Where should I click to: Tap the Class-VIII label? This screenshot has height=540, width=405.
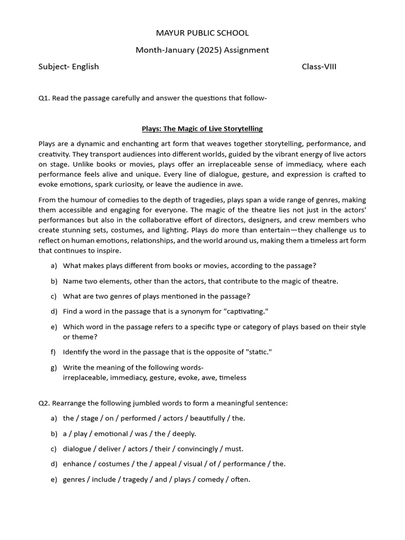point(319,66)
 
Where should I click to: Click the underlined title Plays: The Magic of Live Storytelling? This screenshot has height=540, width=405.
point(202,129)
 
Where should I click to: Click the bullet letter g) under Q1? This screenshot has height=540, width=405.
point(54,367)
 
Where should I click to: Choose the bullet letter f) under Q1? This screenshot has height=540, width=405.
point(54,352)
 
